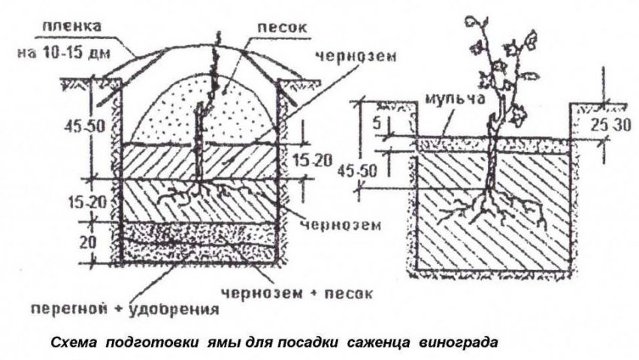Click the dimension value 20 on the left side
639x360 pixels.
click(89, 244)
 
